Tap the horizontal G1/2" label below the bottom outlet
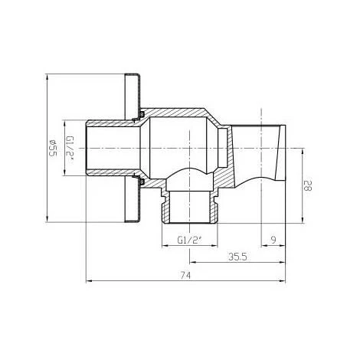click(188, 240)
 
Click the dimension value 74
click(184, 274)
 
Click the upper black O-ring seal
click(142, 116)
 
